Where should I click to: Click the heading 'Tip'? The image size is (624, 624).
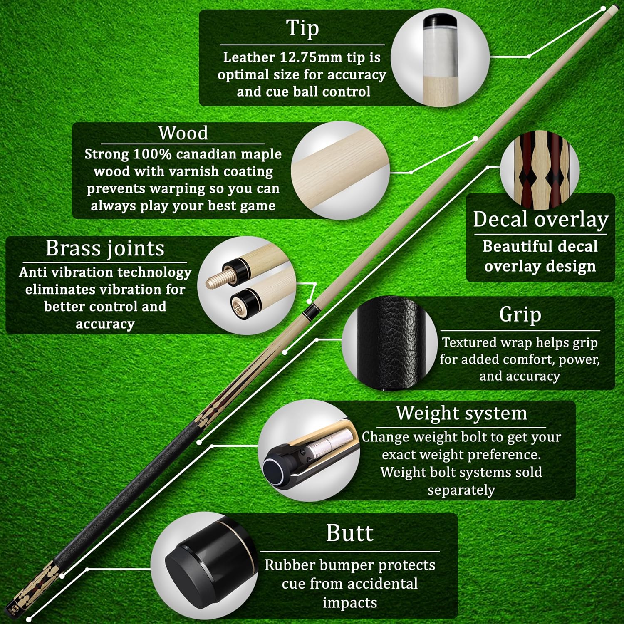coord(303,28)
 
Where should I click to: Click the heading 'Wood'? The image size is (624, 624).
coord(183,133)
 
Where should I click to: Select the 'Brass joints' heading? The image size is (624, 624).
coord(105,248)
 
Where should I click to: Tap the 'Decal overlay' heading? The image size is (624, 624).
coord(540,219)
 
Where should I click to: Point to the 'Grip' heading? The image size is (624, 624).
coord(520,314)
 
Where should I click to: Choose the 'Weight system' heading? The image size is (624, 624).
coord(461,413)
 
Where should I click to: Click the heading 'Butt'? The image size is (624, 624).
coord(350,533)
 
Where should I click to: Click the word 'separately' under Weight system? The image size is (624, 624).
coord(461,490)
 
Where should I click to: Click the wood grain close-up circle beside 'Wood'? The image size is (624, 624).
coord(340,171)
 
